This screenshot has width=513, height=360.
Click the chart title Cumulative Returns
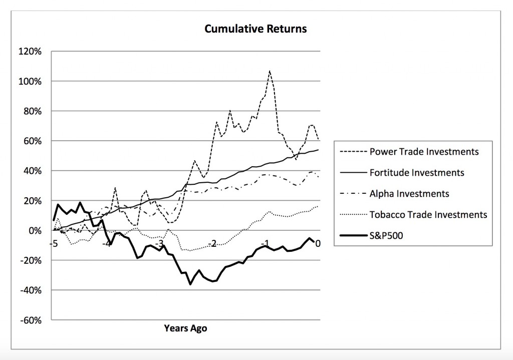pyautogui.click(x=255, y=29)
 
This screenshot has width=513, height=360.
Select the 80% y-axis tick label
pyautogui.click(x=35, y=111)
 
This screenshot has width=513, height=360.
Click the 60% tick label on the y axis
pyautogui.click(x=35, y=141)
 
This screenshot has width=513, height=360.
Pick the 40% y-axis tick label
pyautogui.click(x=35, y=171)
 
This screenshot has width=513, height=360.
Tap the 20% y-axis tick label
pyautogui.click(x=35, y=201)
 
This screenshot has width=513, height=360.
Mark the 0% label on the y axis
pyautogui.click(x=37, y=230)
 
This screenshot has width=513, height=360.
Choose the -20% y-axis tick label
pyautogui.click(x=33, y=260)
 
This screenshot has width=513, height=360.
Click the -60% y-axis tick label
pyautogui.click(x=33, y=320)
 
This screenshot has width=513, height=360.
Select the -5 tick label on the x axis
pyautogui.click(x=53, y=244)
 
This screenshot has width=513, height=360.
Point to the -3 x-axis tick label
pyautogui.click(x=159, y=244)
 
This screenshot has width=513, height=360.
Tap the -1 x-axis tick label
pyautogui.click(x=266, y=244)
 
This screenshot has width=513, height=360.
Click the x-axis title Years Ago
pyautogui.click(x=185, y=329)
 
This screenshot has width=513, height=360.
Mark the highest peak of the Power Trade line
pyautogui.click(x=270, y=71)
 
